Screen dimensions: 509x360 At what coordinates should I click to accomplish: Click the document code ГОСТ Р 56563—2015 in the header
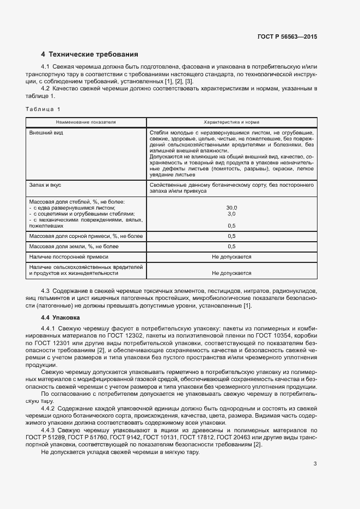287,36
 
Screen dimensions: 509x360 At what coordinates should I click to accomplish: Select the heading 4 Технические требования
90,54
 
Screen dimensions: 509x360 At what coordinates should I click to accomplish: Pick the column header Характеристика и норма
231,122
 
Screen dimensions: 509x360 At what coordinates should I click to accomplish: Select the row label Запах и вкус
45,186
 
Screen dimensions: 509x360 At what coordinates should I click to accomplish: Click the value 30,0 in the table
231,208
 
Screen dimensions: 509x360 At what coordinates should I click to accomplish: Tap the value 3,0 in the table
231,214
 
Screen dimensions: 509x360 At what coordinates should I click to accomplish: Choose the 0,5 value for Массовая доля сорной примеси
231,236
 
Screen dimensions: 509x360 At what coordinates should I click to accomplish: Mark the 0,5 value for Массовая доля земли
231,246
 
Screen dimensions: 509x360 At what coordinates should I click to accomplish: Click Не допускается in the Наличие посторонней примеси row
231,256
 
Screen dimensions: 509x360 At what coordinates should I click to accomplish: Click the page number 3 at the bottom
315,464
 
